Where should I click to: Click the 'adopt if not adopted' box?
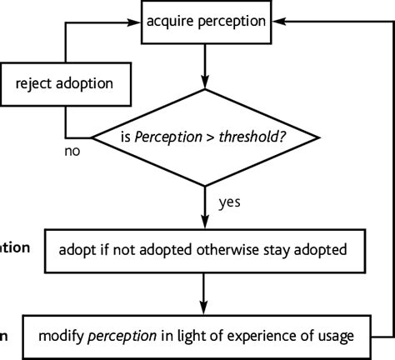coord(203,249)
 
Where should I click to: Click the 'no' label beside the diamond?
coord(73,152)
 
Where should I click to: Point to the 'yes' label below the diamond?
coord(230,202)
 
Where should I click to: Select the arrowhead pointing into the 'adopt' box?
coord(203,222)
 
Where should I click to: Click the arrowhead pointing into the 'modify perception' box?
coord(203,308)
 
